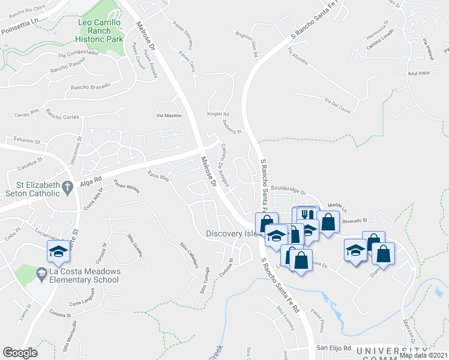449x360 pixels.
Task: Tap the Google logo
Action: tap(20, 353)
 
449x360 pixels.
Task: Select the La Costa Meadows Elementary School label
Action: tap(78, 275)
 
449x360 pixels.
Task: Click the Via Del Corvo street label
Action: tap(337, 103)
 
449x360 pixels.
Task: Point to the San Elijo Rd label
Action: tap(333, 349)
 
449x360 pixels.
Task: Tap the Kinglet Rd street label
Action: tap(218, 114)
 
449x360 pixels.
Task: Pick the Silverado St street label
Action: tap(354, 220)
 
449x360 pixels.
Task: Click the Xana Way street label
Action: tap(158, 176)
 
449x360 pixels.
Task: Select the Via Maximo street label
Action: tap(169, 115)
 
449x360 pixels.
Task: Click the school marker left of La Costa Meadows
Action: tap(59, 251)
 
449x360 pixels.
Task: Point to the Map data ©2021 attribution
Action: tap(423, 355)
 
